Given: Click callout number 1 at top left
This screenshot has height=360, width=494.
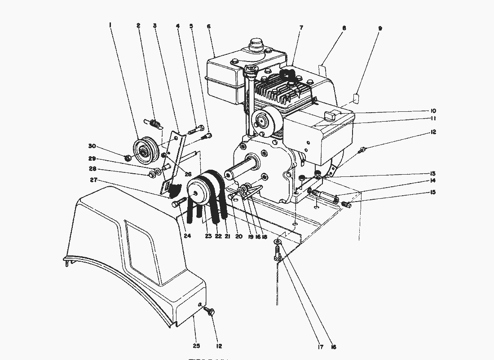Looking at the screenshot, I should click(110, 26).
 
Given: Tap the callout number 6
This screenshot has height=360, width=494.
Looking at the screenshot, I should click(209, 26).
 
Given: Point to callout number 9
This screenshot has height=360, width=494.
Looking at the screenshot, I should click(380, 28).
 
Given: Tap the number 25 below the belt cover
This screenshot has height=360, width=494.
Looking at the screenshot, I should click(196, 346).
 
